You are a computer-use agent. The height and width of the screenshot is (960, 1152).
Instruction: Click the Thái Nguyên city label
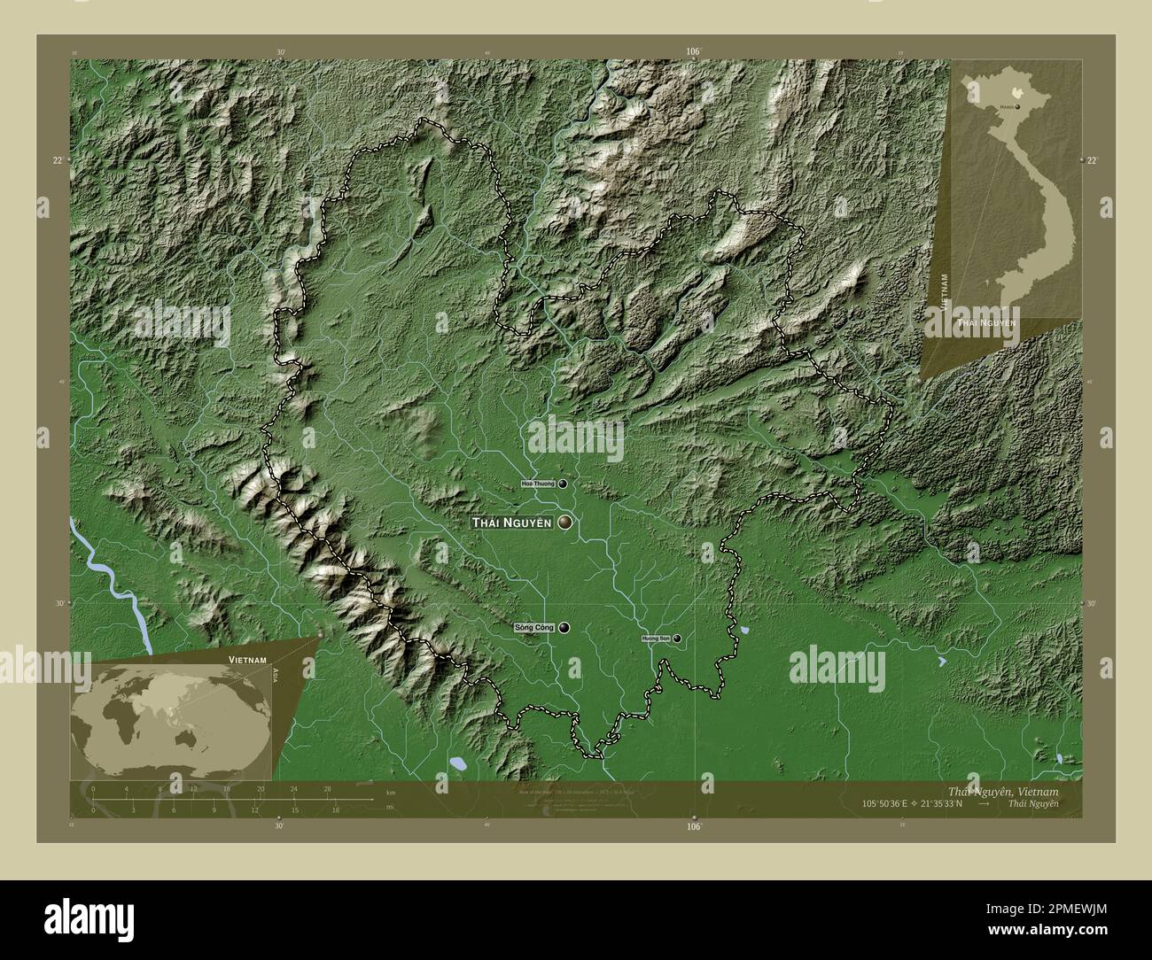click(x=512, y=523)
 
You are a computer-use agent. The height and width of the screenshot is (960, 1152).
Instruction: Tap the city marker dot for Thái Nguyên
click(x=564, y=523)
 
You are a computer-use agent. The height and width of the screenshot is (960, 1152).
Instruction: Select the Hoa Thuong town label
click(x=538, y=484)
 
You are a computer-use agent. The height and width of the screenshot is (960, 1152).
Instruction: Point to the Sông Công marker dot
click(x=564, y=627)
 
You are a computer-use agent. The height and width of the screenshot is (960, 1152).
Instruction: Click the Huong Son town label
click(x=656, y=639)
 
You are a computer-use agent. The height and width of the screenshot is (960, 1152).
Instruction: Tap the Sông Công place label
click(x=533, y=628)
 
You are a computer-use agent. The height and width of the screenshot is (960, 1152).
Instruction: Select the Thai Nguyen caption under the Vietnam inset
click(x=985, y=322)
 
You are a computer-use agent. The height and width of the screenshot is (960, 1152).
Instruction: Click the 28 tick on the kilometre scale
click(x=327, y=788)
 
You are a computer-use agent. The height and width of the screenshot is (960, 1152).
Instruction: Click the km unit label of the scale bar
click(x=391, y=794)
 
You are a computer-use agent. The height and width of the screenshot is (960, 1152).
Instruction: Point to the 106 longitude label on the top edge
click(x=693, y=52)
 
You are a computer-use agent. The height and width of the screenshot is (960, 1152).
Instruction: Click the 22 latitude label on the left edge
click(x=57, y=160)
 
